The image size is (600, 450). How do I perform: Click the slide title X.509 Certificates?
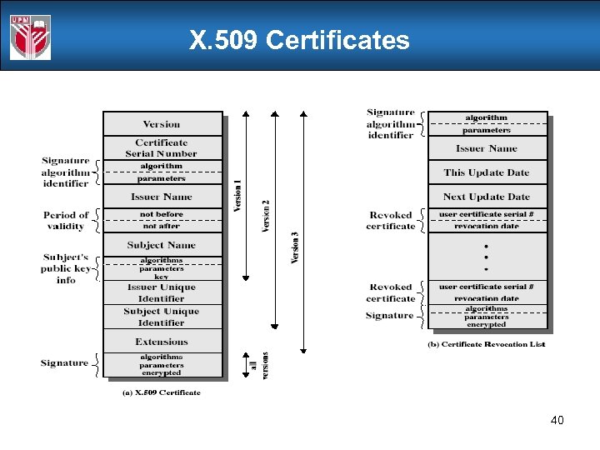tap(299, 40)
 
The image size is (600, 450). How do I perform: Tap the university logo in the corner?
tap(31, 37)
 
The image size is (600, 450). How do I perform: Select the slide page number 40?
tap(557, 420)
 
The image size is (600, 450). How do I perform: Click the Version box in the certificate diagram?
tap(162, 124)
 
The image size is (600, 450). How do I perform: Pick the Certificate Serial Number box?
tap(162, 148)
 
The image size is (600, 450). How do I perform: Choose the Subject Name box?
tap(162, 245)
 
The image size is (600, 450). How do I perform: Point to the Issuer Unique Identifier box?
tap(162, 292)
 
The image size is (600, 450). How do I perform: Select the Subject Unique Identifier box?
tap(162, 317)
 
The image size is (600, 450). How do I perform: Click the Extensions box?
tap(162, 342)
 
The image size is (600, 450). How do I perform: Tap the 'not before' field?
tap(162, 215)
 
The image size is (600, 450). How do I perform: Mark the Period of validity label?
tap(66, 221)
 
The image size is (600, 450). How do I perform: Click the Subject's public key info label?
tap(66, 268)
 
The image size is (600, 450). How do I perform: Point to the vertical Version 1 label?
tap(237, 197)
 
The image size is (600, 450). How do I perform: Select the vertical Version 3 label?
tap(295, 247)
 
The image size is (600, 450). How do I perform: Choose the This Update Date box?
tap(487, 172)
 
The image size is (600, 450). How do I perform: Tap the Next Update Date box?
tap(487, 197)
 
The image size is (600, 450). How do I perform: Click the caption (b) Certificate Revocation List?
tap(486, 344)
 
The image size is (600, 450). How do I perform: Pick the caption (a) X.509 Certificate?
tap(162, 392)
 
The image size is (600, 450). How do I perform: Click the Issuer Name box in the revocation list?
tap(487, 148)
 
